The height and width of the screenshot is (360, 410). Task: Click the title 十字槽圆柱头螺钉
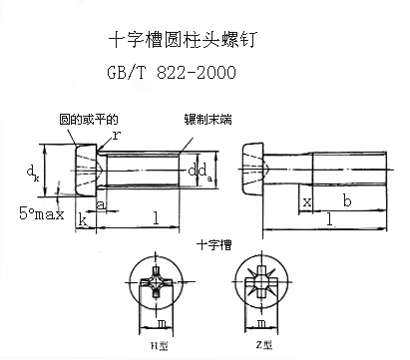[181, 40]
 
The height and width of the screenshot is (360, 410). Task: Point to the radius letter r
[117, 134]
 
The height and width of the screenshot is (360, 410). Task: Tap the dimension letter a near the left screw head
[101, 204]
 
